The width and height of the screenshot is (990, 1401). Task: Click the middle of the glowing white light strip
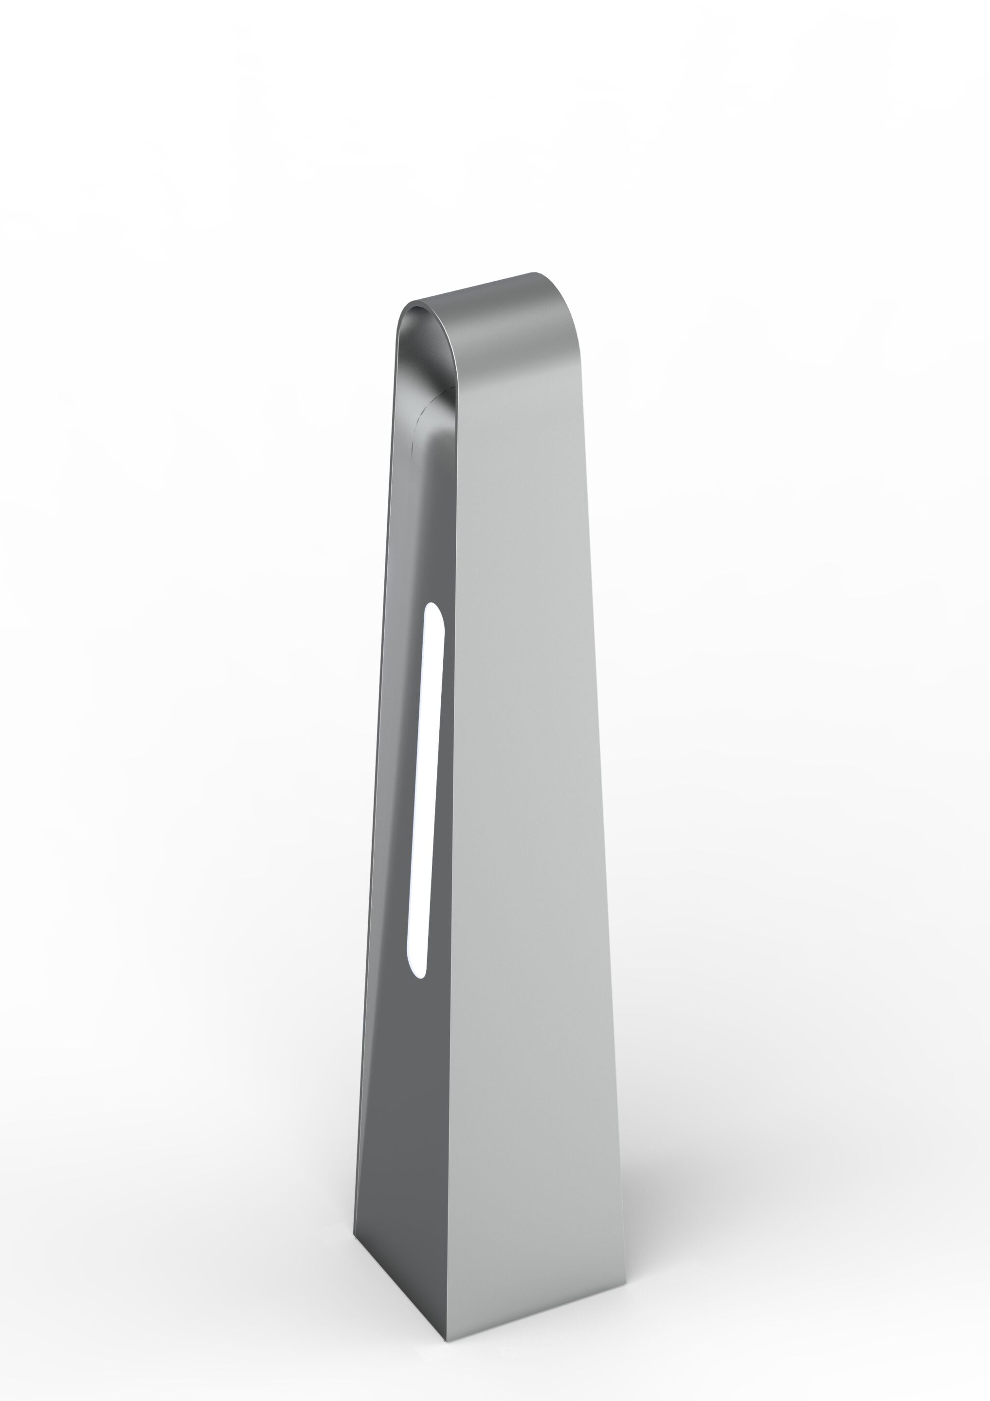coord(425,787)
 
